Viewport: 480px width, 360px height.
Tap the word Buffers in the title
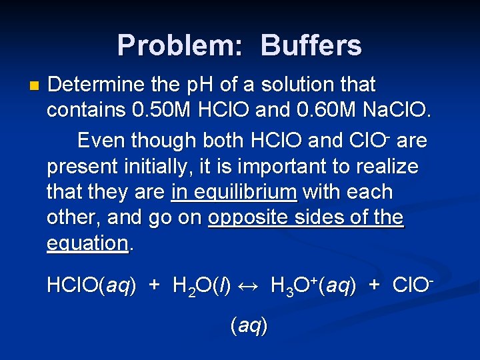[x=311, y=45]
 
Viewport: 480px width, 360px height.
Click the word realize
[x=387, y=167]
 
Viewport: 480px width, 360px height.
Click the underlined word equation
[x=87, y=243]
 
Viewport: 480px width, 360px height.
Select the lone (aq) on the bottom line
[x=249, y=326]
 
